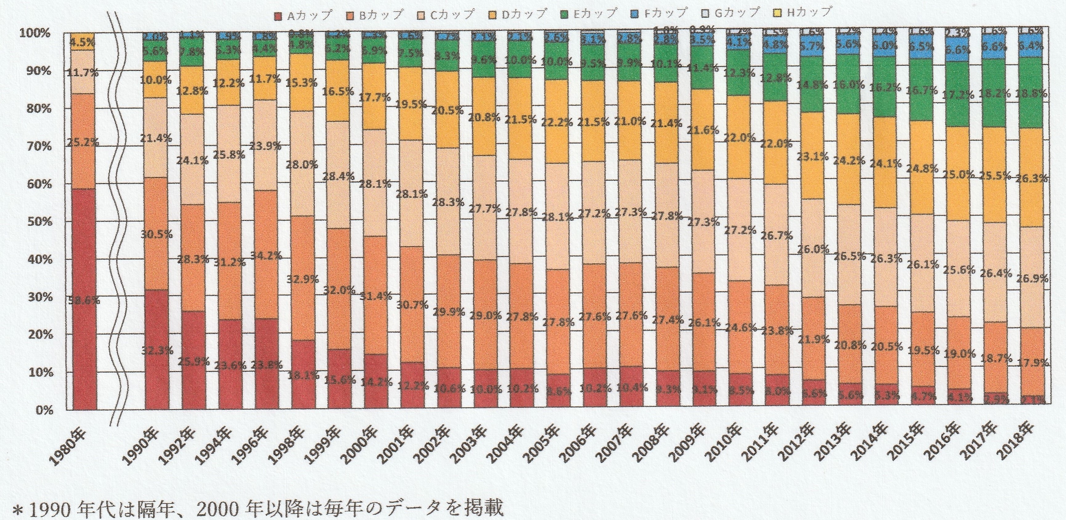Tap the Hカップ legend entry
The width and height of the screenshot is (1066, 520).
[803, 12]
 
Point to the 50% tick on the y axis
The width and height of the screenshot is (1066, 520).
[36, 222]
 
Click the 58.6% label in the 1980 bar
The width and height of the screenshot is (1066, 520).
[84, 301]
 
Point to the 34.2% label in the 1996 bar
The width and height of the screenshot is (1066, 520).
[268, 256]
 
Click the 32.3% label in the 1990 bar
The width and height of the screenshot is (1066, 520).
[157, 351]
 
